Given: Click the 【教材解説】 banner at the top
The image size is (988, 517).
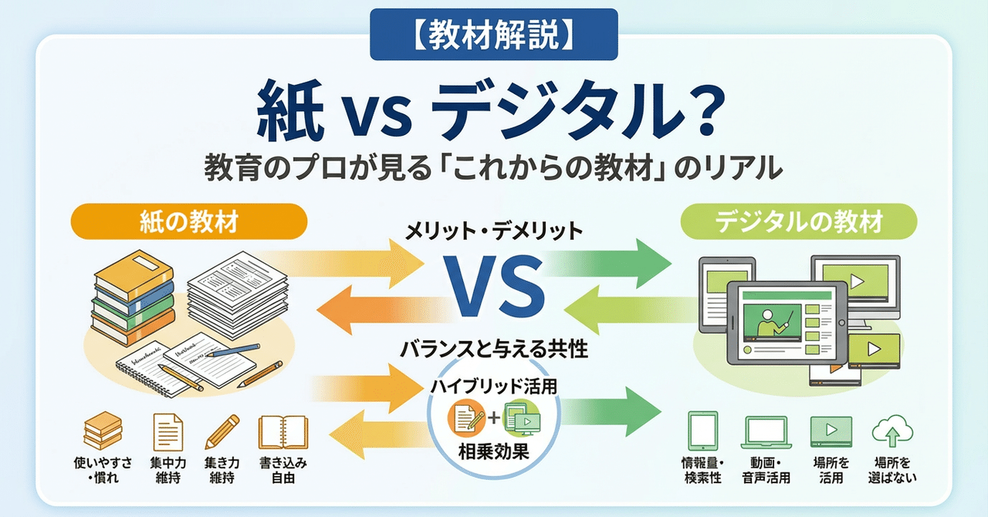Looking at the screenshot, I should tap(493, 35).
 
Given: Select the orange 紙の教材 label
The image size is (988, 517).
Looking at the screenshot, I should tap(189, 222).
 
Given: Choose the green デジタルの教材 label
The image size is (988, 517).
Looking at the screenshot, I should tap(798, 222).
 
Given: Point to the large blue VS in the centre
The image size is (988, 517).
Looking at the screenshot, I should tap(494, 288).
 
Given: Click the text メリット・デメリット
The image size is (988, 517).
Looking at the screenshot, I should tap(494, 230).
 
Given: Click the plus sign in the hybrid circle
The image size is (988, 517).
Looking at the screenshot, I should tap(494, 421).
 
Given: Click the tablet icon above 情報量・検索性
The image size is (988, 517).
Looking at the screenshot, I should tap(702, 431).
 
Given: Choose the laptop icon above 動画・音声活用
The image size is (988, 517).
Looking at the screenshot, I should tap(766, 431).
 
